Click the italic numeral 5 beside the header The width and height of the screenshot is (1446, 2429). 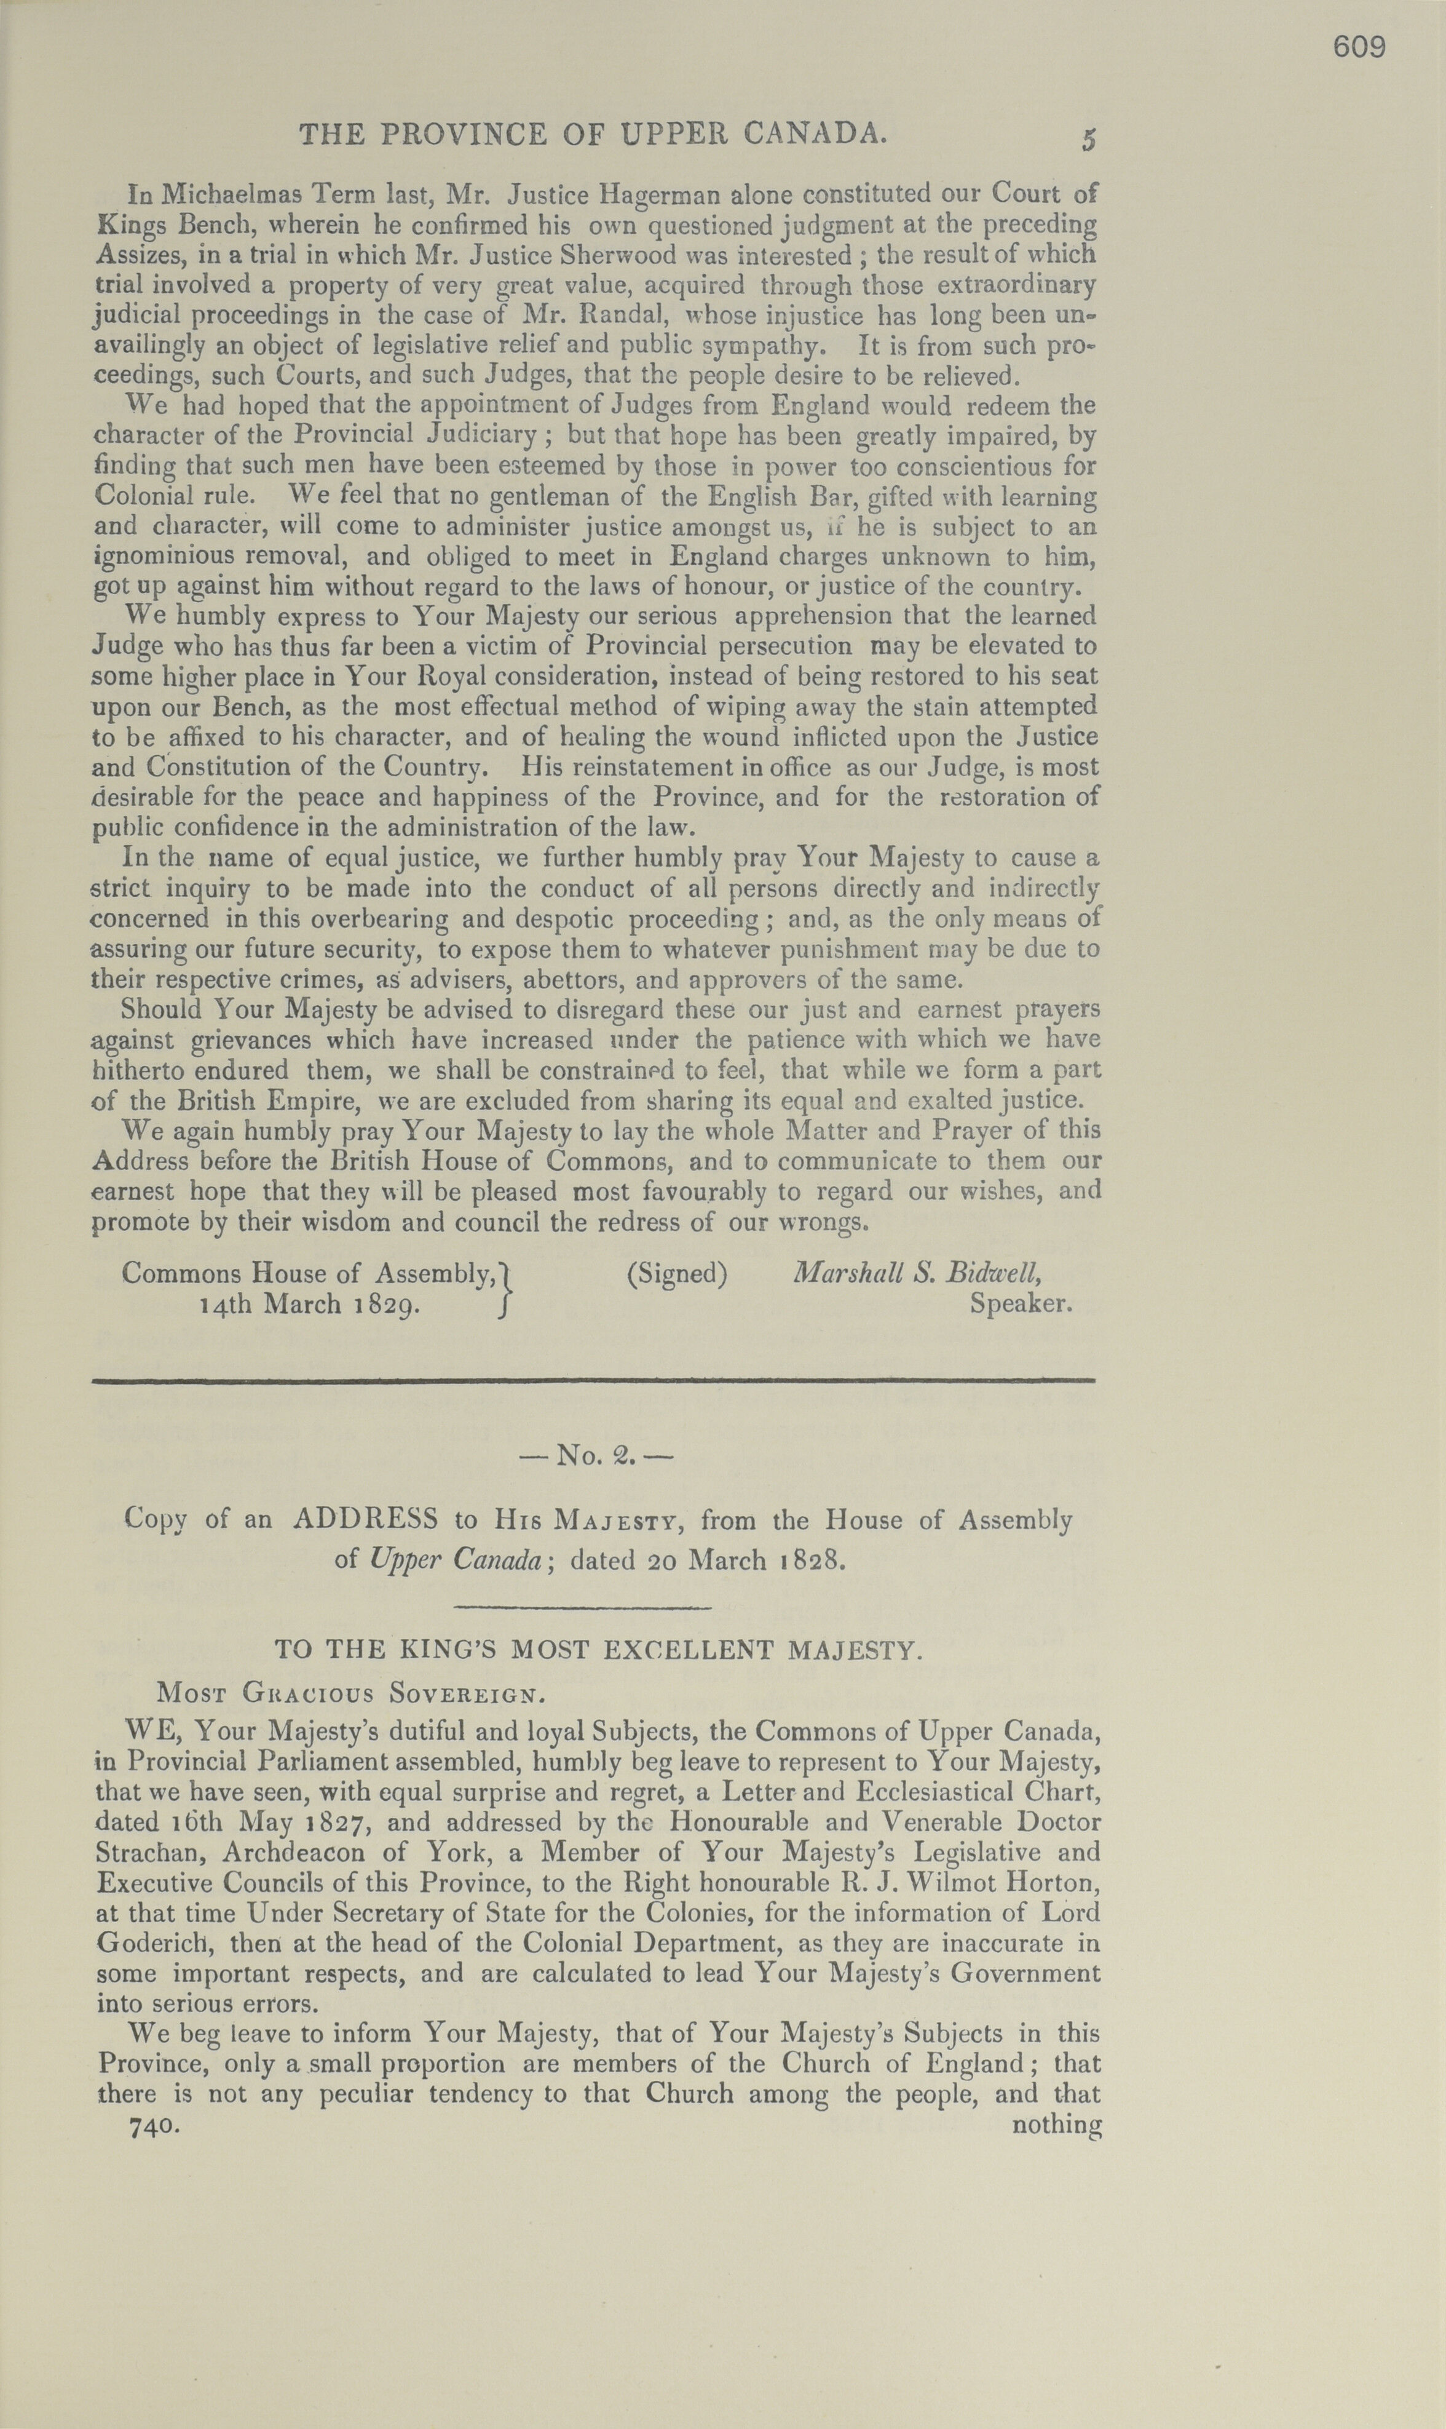[1088, 140]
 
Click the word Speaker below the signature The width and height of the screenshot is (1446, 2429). [1020, 1303]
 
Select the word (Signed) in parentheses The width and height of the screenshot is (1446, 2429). [678, 1274]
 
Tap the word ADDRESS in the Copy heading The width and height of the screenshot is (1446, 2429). [365, 1520]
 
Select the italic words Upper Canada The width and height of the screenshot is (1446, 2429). [455, 1559]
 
